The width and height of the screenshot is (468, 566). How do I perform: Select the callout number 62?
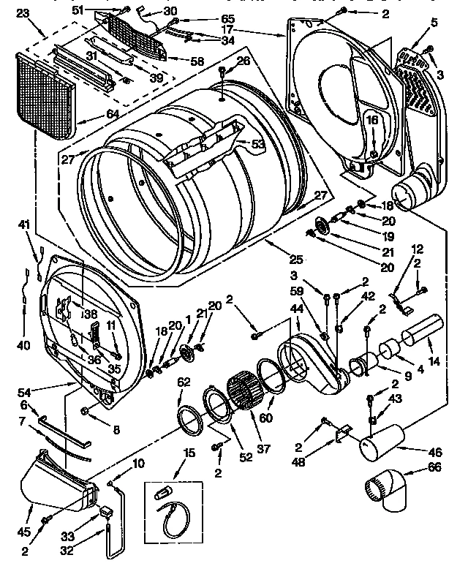(184, 380)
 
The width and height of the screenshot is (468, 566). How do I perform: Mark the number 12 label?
(418, 249)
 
